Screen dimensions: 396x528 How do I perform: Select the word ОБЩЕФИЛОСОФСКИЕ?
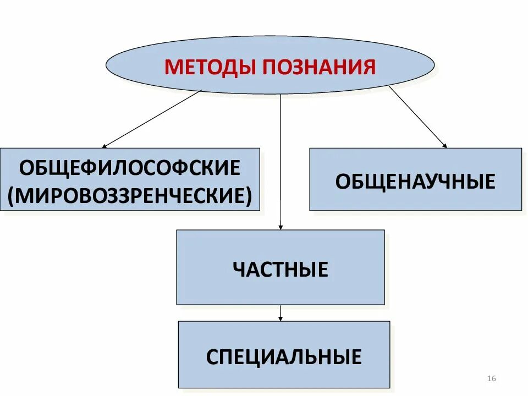click(x=130, y=167)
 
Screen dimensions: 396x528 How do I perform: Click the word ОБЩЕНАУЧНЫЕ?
click(x=415, y=181)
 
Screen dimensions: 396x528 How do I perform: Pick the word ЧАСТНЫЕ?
click(x=280, y=269)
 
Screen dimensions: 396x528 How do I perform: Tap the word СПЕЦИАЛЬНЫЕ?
click(x=284, y=357)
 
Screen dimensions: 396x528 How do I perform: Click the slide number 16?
click(x=492, y=378)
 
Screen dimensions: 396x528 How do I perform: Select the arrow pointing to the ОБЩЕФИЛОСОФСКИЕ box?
click(x=152, y=119)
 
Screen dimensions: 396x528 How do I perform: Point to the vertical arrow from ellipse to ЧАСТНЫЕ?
click(x=280, y=159)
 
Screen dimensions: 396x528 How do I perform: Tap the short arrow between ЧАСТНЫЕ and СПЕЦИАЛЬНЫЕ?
click(x=280, y=313)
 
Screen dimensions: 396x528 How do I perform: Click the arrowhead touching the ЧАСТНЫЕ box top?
click(x=280, y=227)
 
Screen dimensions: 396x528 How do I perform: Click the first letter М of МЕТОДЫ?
click(x=173, y=67)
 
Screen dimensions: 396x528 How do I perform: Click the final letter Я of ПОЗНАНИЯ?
click(x=370, y=67)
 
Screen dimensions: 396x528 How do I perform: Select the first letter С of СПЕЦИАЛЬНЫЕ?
click(x=212, y=357)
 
